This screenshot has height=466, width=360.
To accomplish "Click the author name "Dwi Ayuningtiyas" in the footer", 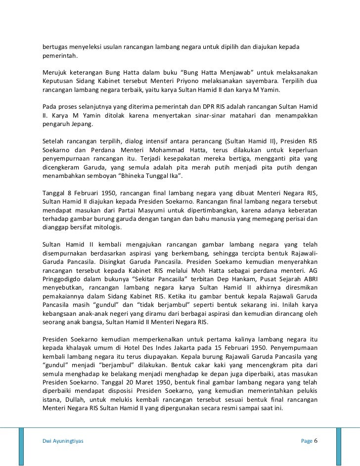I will tap(63, 441).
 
